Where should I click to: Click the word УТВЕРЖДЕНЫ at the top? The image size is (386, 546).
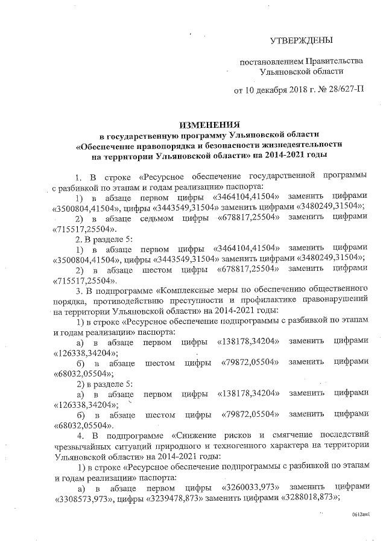coord(302,40)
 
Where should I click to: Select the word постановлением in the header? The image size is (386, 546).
coord(270,62)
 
